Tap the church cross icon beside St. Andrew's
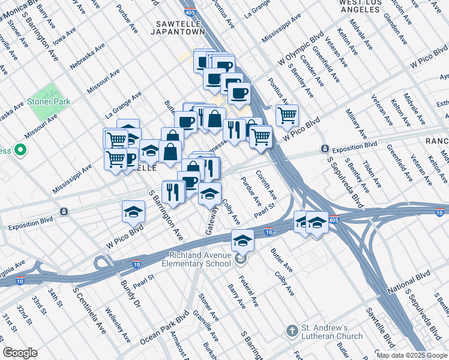[x=292, y=332]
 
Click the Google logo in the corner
[x=20, y=353]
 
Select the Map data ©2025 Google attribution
[x=411, y=355]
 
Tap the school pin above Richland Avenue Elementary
[x=242, y=240]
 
